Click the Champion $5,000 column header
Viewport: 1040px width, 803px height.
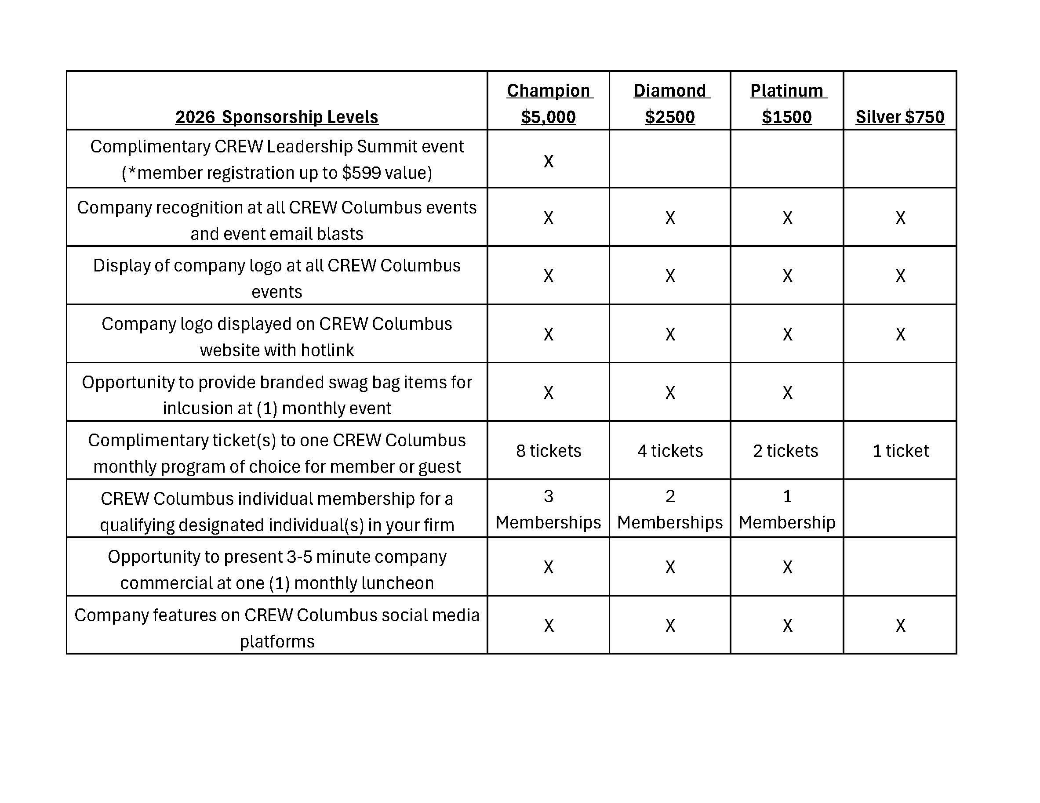(548, 103)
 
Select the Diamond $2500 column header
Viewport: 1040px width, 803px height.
(670, 103)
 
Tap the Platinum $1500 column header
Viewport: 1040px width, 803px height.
(787, 103)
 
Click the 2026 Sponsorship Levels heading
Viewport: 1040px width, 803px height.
(276, 116)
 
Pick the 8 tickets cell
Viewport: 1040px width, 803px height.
(549, 450)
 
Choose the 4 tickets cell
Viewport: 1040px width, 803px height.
(670, 450)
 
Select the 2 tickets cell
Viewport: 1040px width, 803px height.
(786, 450)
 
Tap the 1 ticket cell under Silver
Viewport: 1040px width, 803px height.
(900, 450)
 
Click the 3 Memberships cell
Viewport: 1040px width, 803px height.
(548, 509)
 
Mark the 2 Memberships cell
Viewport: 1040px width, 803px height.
(670, 509)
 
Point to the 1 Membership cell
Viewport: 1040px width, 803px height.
(787, 509)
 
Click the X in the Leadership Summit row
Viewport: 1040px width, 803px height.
(549, 161)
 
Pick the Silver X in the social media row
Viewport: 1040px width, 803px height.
(900, 626)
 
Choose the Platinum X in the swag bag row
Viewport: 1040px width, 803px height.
(788, 393)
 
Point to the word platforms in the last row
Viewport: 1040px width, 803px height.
(276, 642)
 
